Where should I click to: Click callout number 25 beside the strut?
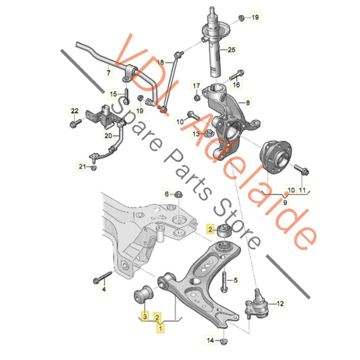(x=232, y=49)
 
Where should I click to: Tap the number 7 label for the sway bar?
(x=108, y=73)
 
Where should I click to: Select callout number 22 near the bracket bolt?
(x=74, y=111)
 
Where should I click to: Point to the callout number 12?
(x=280, y=304)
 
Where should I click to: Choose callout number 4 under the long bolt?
(x=104, y=289)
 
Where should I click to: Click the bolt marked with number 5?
(x=224, y=280)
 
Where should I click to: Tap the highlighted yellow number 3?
(x=145, y=317)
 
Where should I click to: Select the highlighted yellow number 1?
(x=161, y=328)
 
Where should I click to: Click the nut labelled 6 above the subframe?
(x=178, y=195)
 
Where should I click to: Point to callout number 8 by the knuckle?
(x=247, y=103)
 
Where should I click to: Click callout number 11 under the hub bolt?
(x=302, y=190)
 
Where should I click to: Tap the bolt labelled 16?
(x=236, y=75)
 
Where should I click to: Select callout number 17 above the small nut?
(x=197, y=86)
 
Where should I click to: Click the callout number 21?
(x=82, y=166)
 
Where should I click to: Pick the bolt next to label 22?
(x=75, y=123)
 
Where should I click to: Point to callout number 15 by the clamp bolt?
(x=113, y=94)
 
